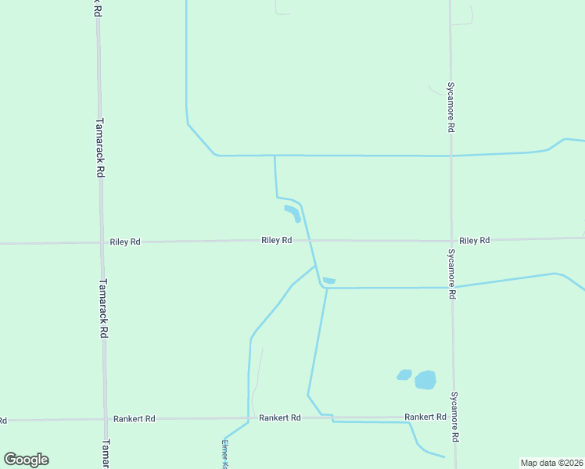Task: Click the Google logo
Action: [26, 460]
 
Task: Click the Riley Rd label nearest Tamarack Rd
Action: [125, 242]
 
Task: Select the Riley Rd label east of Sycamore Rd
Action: [475, 241]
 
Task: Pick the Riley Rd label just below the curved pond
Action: [276, 241]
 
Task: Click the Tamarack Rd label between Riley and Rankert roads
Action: [103, 308]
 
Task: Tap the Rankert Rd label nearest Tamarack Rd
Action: [134, 419]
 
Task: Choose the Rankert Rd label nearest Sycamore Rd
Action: [425, 417]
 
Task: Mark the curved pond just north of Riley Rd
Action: [293, 212]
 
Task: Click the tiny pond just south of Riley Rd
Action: [329, 281]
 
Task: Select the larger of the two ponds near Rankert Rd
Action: [425, 380]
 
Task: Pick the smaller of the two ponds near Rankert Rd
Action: [404, 375]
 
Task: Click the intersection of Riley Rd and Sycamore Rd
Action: [451, 241]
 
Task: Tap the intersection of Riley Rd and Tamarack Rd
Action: [101, 243]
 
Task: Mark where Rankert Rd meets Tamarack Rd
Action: [105, 420]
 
